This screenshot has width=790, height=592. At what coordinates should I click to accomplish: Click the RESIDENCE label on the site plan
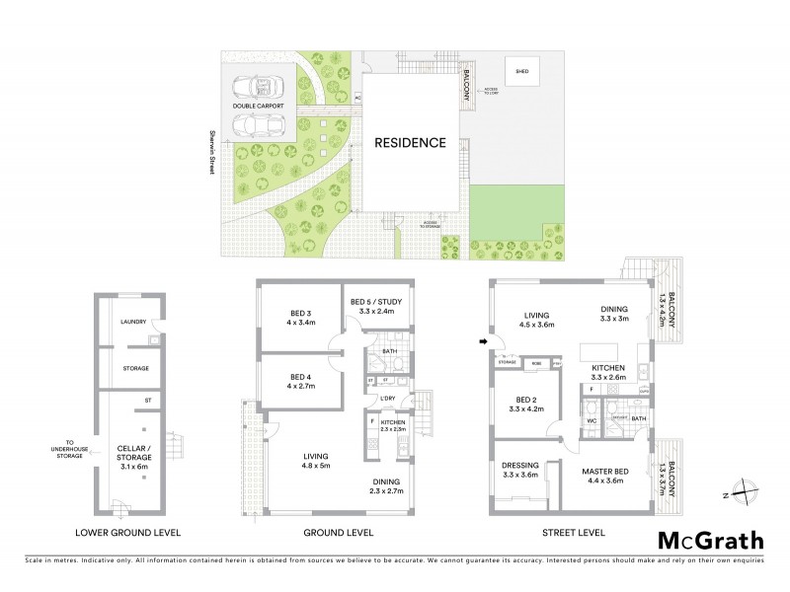tap(409, 142)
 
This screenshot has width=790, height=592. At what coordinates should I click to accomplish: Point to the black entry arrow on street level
tap(483, 342)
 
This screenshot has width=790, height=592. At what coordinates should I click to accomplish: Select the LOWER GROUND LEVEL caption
tap(127, 533)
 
